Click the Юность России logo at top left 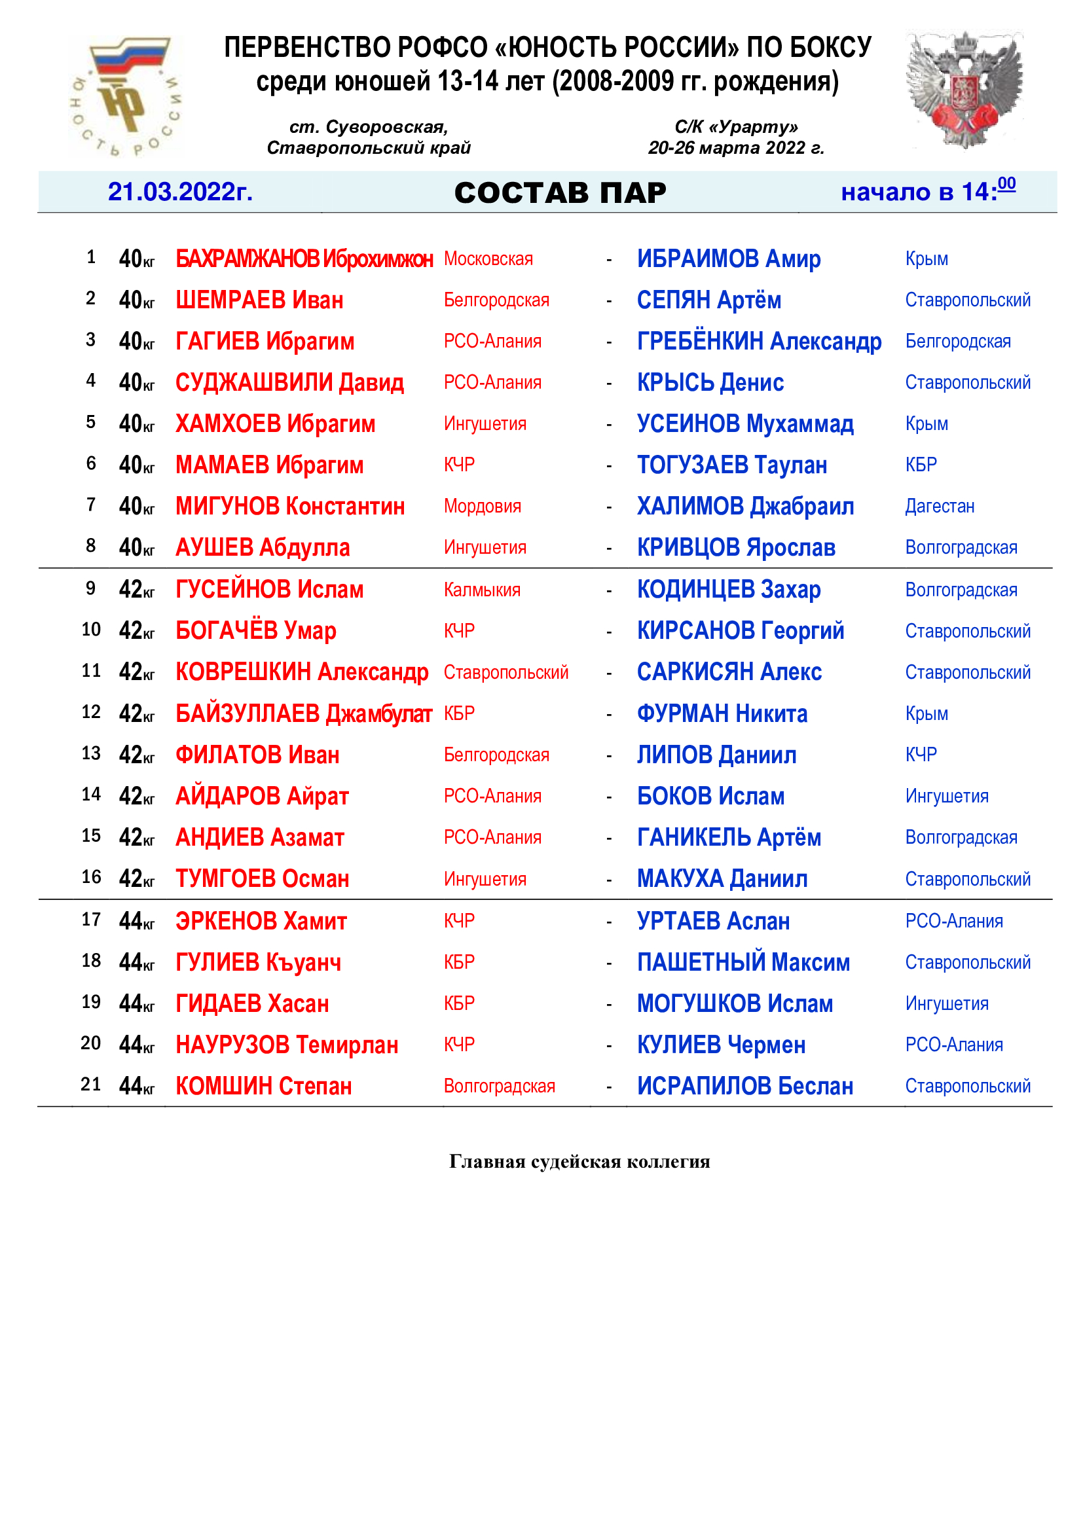coord(125,96)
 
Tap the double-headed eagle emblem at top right coord(964,90)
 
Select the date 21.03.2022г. coord(180,192)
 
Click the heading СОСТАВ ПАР coord(560,192)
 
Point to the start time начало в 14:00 coord(928,190)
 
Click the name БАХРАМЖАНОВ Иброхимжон coord(304,259)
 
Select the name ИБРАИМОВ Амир coord(728,259)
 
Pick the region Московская coord(488,259)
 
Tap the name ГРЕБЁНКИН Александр coord(759,342)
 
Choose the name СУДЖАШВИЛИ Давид coord(289,383)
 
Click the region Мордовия coord(482,506)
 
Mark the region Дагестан coord(939,506)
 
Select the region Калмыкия coord(481,590)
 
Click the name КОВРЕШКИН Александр coord(301,672)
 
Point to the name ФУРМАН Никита coord(722,713)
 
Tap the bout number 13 coord(91,753)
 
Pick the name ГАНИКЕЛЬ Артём coord(728,838)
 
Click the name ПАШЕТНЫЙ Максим coord(743,962)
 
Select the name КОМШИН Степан coord(263,1087)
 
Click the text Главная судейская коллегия coord(579,1162)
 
